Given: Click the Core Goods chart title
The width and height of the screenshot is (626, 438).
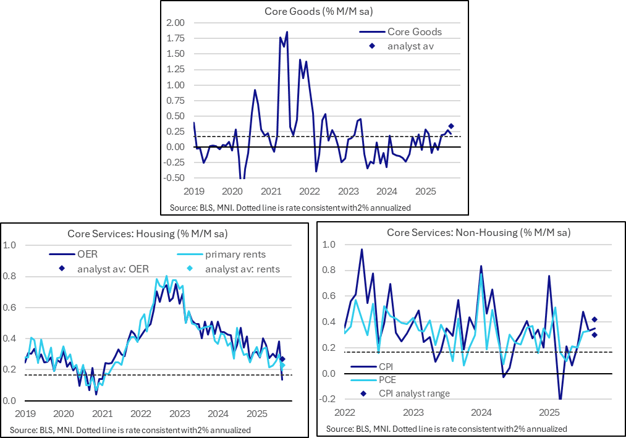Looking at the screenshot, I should pos(314,11).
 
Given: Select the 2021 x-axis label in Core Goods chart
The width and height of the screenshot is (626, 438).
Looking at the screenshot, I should pos(271,192).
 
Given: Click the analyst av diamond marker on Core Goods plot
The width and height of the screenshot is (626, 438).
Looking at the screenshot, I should pos(451,126).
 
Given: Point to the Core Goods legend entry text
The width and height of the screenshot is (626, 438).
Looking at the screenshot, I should pos(414,32).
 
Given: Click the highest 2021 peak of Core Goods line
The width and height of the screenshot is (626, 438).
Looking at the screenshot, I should pos(287,32).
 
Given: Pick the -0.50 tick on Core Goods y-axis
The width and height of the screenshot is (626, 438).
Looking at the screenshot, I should pos(175,178).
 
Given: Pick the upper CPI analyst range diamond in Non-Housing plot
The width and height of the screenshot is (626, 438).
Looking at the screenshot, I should pos(594,319).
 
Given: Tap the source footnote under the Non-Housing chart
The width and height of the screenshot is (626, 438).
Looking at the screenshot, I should pos(446,429).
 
